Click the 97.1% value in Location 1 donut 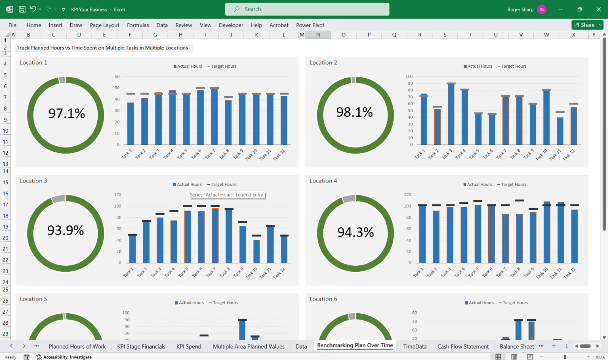pos(66,113)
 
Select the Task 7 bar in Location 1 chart pos(214,116)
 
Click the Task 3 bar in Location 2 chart pos(451,114)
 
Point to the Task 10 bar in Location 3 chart pos(256,251)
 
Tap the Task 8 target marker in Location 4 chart pos(519,200)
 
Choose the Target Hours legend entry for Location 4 pos(511,184)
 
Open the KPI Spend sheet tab pos(188,346)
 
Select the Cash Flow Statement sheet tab pos(463,346)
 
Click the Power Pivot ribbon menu pos(310,25)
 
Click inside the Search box pos(307,9)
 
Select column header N pos(318,35)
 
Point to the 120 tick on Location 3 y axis pos(117,195)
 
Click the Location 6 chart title pos(323,299)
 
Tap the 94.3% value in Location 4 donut pos(355,232)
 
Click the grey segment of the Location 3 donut pos(59,198)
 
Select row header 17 pos(5,205)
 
